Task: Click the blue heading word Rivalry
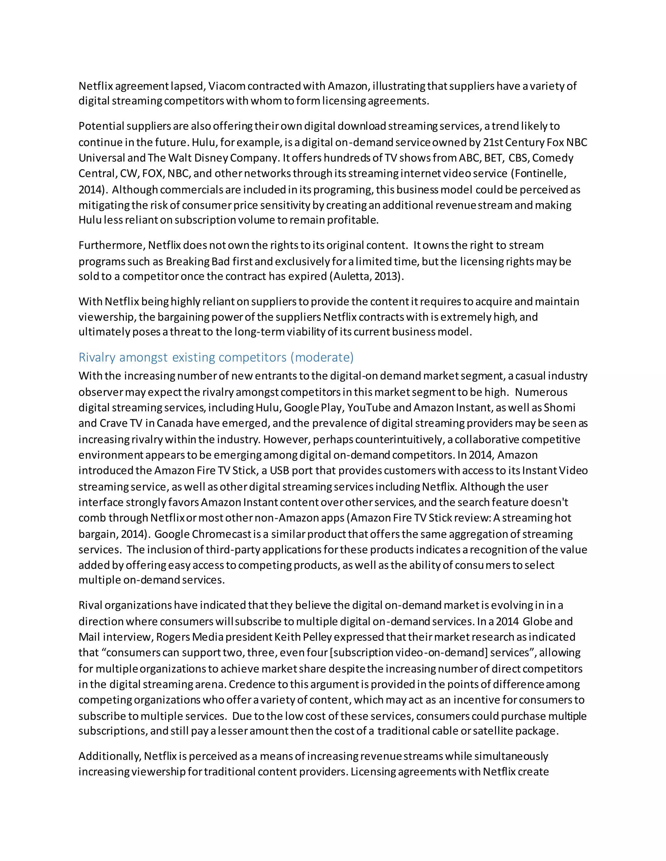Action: tap(97, 357)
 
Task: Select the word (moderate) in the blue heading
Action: tap(322, 357)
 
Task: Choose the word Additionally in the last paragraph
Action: tap(109, 756)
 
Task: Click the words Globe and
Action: tap(548, 622)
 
